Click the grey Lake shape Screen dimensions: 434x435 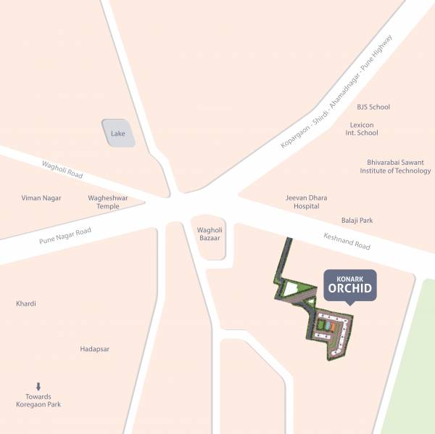coord(118,134)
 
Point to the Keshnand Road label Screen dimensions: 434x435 coord(347,241)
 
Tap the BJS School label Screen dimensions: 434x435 coord(373,107)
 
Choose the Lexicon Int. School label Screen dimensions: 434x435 coord(362,129)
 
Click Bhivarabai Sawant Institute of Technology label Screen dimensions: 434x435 coord(395,166)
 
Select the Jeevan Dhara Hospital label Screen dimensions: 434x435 coord(307,202)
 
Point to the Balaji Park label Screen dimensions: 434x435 coord(357,220)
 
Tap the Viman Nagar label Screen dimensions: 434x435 coord(41,197)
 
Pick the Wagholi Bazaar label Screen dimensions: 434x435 coord(210,234)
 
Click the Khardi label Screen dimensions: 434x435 coord(26,303)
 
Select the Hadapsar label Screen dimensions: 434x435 coord(94,349)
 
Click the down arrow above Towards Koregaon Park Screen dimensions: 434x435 coord(38,387)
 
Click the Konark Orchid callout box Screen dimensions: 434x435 coord(349,284)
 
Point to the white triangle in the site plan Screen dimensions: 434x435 coord(291,290)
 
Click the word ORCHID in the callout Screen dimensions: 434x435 coord(349,289)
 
